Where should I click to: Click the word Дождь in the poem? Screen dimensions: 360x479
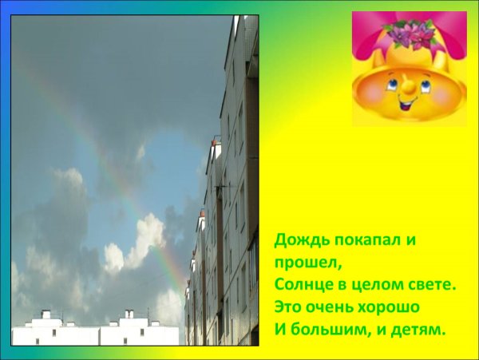pos(296,239)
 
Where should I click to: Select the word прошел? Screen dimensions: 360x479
pos(300,262)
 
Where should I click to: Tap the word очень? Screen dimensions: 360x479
pos(332,306)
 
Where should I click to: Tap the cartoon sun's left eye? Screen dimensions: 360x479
pos(394,80)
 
